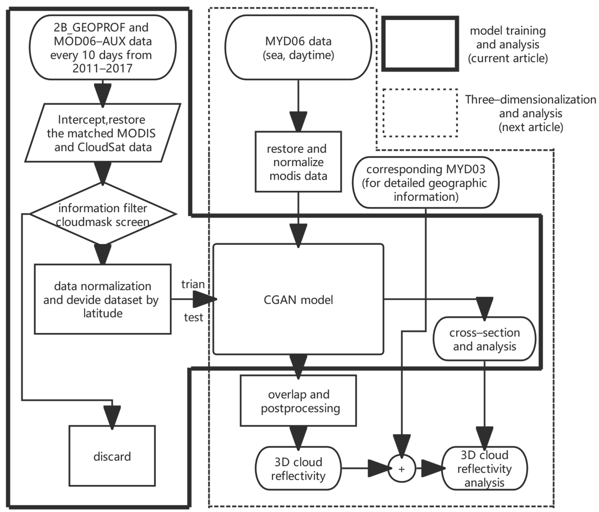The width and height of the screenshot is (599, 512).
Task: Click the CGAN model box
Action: [x=298, y=300]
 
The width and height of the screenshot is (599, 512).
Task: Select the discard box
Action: [x=112, y=457]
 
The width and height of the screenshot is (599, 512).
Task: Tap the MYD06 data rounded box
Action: [x=298, y=48]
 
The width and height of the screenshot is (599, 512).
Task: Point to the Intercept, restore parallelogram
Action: [x=103, y=133]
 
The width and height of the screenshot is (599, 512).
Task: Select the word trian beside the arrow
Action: [x=193, y=284]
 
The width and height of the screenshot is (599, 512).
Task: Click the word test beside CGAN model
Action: [x=193, y=318]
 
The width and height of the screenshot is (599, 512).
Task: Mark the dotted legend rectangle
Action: [x=420, y=113]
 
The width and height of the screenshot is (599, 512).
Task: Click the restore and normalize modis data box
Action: [x=298, y=162]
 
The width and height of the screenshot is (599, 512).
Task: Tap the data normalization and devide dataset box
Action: [x=103, y=300]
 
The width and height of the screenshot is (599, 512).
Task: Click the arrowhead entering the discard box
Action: [x=112, y=417]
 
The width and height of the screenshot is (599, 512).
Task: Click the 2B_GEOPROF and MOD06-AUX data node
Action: [x=103, y=48]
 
